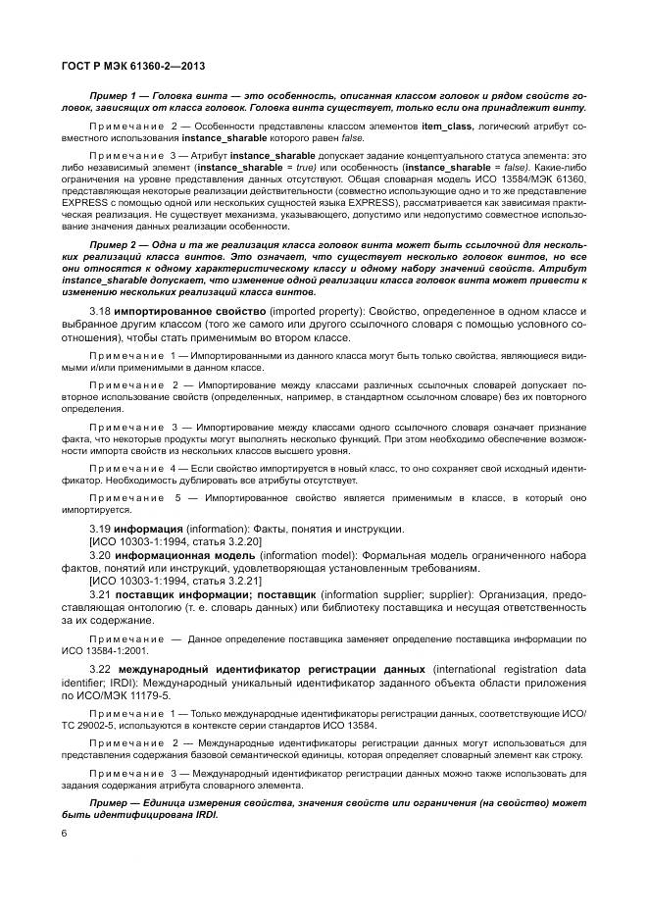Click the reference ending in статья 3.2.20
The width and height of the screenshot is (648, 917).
pos(162,541)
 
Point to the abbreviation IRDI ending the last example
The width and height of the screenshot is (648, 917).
pos(205,815)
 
